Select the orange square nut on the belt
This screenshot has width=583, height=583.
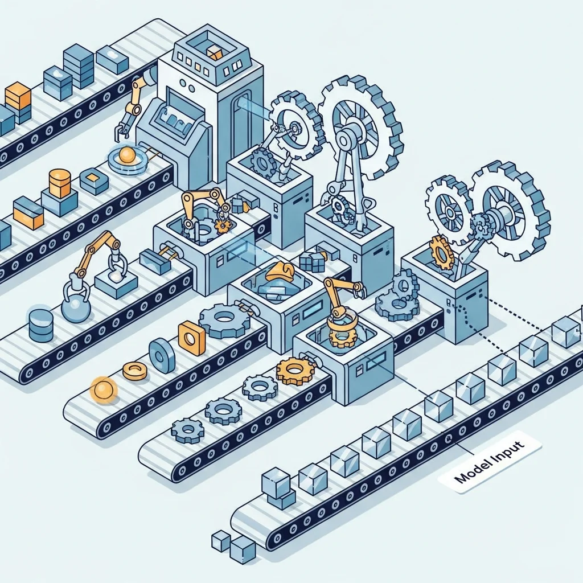pyautogui.click(x=191, y=338)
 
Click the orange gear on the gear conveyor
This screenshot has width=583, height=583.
pyautogui.click(x=294, y=371)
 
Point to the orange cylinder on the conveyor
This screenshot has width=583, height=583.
pyautogui.click(x=60, y=182)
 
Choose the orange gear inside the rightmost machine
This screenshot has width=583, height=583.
pyautogui.click(x=441, y=252)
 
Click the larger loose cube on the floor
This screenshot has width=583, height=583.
pyautogui.click(x=243, y=550)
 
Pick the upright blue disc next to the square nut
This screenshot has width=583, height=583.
pyautogui.click(x=162, y=355)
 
